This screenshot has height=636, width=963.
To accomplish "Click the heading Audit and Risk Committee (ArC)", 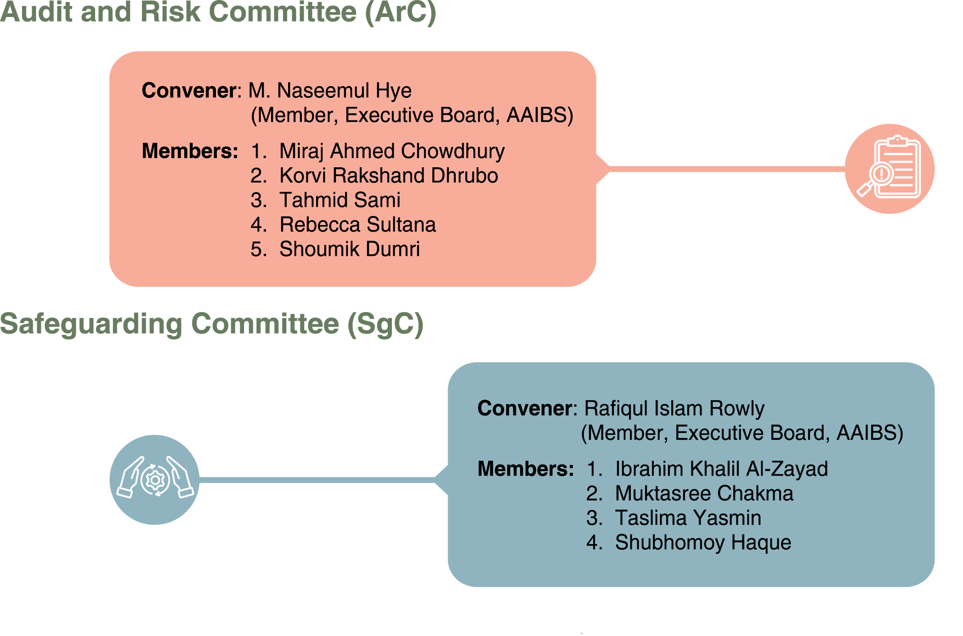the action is click(218, 12).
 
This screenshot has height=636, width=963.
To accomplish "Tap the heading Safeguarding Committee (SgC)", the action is click(211, 324).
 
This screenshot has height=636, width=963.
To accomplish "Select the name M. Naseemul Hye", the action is click(330, 91).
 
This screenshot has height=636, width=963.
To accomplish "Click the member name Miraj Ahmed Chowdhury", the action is click(392, 152).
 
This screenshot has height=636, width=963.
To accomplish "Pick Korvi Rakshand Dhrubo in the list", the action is click(389, 176).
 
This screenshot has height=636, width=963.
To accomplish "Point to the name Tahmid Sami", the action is click(340, 200).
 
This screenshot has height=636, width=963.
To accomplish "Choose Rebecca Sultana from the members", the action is click(357, 225).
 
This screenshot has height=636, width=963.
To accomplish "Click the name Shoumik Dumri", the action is click(350, 249).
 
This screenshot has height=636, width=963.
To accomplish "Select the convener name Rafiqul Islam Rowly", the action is click(674, 409).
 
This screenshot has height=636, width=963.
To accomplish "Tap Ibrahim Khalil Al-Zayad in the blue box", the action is click(721, 469).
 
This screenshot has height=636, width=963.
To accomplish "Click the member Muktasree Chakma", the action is click(704, 494).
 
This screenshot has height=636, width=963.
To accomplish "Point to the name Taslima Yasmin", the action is click(688, 518).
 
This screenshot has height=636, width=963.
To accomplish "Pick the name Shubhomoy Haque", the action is click(703, 543).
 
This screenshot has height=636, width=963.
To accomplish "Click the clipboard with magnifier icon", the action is click(889, 169).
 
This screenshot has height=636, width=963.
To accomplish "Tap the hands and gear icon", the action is click(155, 480).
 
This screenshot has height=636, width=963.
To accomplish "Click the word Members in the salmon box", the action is click(190, 151).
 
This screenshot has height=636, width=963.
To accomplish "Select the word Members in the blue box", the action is click(526, 469).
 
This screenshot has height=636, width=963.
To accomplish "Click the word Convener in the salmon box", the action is click(189, 91).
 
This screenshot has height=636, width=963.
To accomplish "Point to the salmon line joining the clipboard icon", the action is click(727, 169).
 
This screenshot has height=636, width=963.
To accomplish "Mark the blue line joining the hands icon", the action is click(317, 480).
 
